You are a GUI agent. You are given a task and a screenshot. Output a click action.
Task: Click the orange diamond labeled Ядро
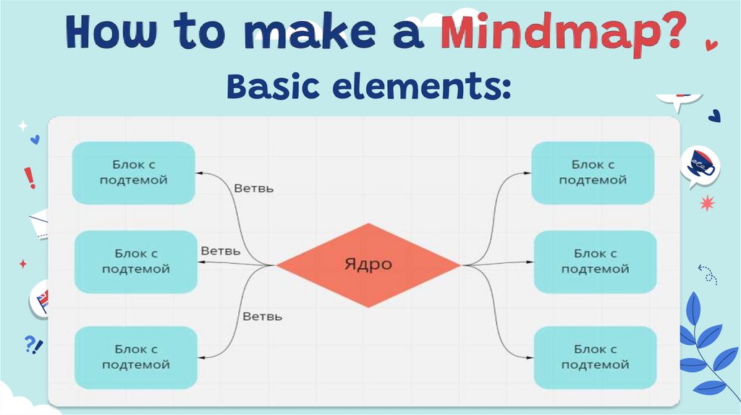coord(368,265)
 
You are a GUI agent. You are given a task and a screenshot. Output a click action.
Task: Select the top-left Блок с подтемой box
coord(133,173)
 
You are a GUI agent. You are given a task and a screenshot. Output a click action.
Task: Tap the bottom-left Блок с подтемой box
coord(136,357)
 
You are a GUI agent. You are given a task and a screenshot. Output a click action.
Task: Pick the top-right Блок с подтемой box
coord(593,173)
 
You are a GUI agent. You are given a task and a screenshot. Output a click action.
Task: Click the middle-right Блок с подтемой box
coord(595,261)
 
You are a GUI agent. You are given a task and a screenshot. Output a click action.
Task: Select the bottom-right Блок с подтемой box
coord(595,357)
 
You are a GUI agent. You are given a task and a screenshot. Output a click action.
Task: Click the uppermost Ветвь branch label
coord(254,188)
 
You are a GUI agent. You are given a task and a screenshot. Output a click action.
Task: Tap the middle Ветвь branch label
coord(221,251)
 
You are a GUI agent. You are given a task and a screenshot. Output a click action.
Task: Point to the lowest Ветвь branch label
coord(262,316)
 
